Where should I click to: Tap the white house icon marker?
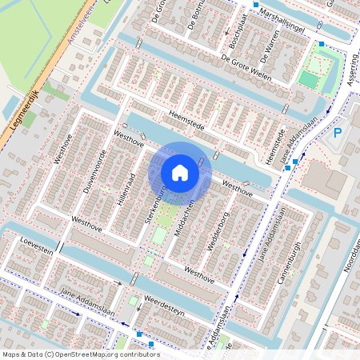pyautogui.click(x=180, y=172)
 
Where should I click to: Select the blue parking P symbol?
pyautogui.click(x=338, y=133)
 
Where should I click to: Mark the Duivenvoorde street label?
pyautogui.click(x=93, y=173)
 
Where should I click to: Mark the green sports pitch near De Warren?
pyautogui.click(x=309, y=79)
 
